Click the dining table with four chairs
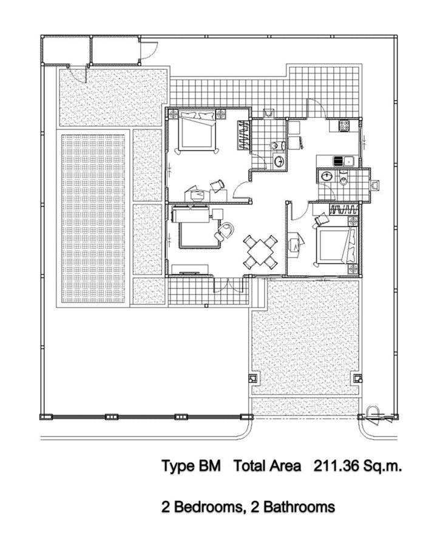tap(260, 252)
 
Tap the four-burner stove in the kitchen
tap(344, 126)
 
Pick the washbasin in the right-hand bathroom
tap(327, 176)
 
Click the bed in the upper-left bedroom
tap(197, 131)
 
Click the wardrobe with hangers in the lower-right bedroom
tap(344, 209)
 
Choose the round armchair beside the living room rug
tap(225, 230)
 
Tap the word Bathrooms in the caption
tap(299, 507)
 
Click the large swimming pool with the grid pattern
tap(93, 219)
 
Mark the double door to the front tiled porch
tap(228, 285)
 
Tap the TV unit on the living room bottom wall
tap(191, 270)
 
